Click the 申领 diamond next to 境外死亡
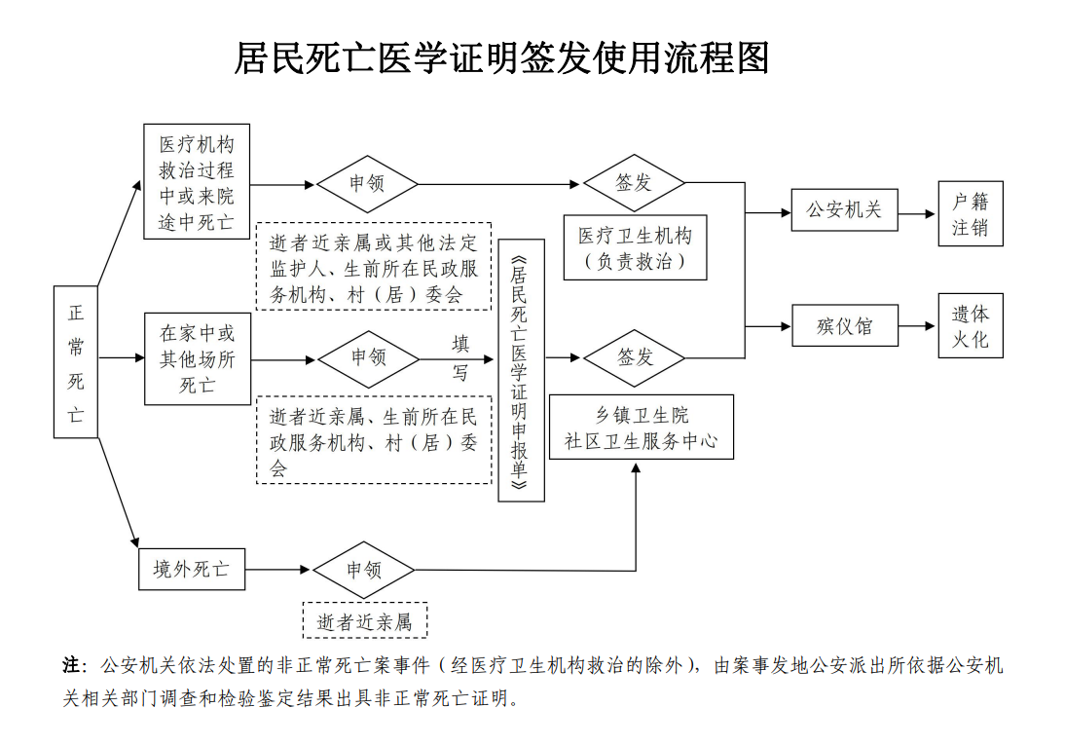[x=364, y=570]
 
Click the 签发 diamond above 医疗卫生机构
[x=634, y=183]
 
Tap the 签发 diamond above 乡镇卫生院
[x=635, y=357]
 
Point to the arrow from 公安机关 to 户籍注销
[x=917, y=214]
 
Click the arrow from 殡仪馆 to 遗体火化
[x=917, y=326]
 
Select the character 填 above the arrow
[x=460, y=344]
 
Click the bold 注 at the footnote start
[x=72, y=665]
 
